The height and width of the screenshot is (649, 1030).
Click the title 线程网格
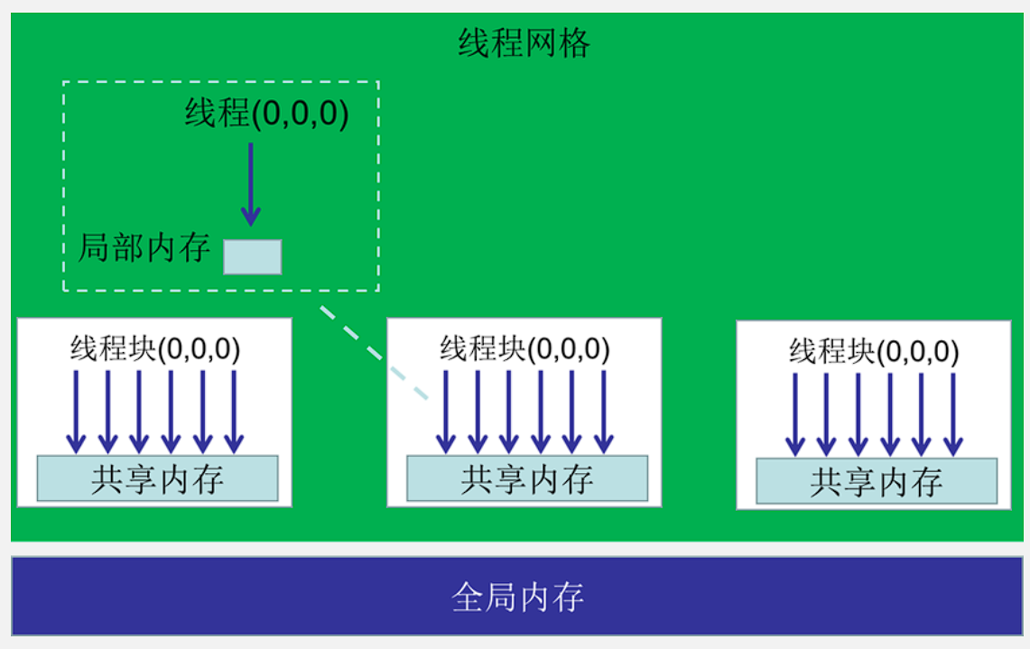(524, 42)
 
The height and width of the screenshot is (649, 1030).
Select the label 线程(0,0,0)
(266, 115)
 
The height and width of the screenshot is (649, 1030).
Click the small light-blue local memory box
(253, 256)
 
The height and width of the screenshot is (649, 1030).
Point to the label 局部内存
(144, 247)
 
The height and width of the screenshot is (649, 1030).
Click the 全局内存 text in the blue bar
(517, 597)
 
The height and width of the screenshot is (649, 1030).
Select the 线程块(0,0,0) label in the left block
(155, 348)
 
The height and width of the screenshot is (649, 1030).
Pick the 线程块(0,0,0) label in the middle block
(524, 348)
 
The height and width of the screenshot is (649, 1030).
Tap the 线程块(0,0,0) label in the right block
(874, 351)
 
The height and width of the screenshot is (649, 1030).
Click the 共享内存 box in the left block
(157, 478)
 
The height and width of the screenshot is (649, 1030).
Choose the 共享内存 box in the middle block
(527, 478)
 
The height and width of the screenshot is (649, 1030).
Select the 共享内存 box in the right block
(877, 481)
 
